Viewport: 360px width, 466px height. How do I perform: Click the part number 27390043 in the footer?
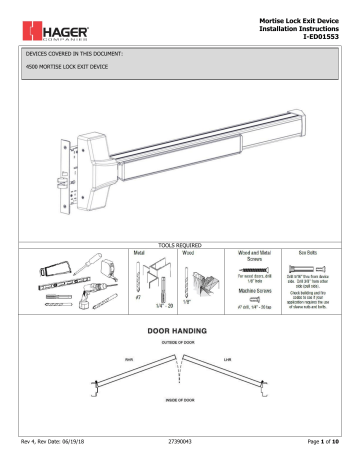coord(179,456)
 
